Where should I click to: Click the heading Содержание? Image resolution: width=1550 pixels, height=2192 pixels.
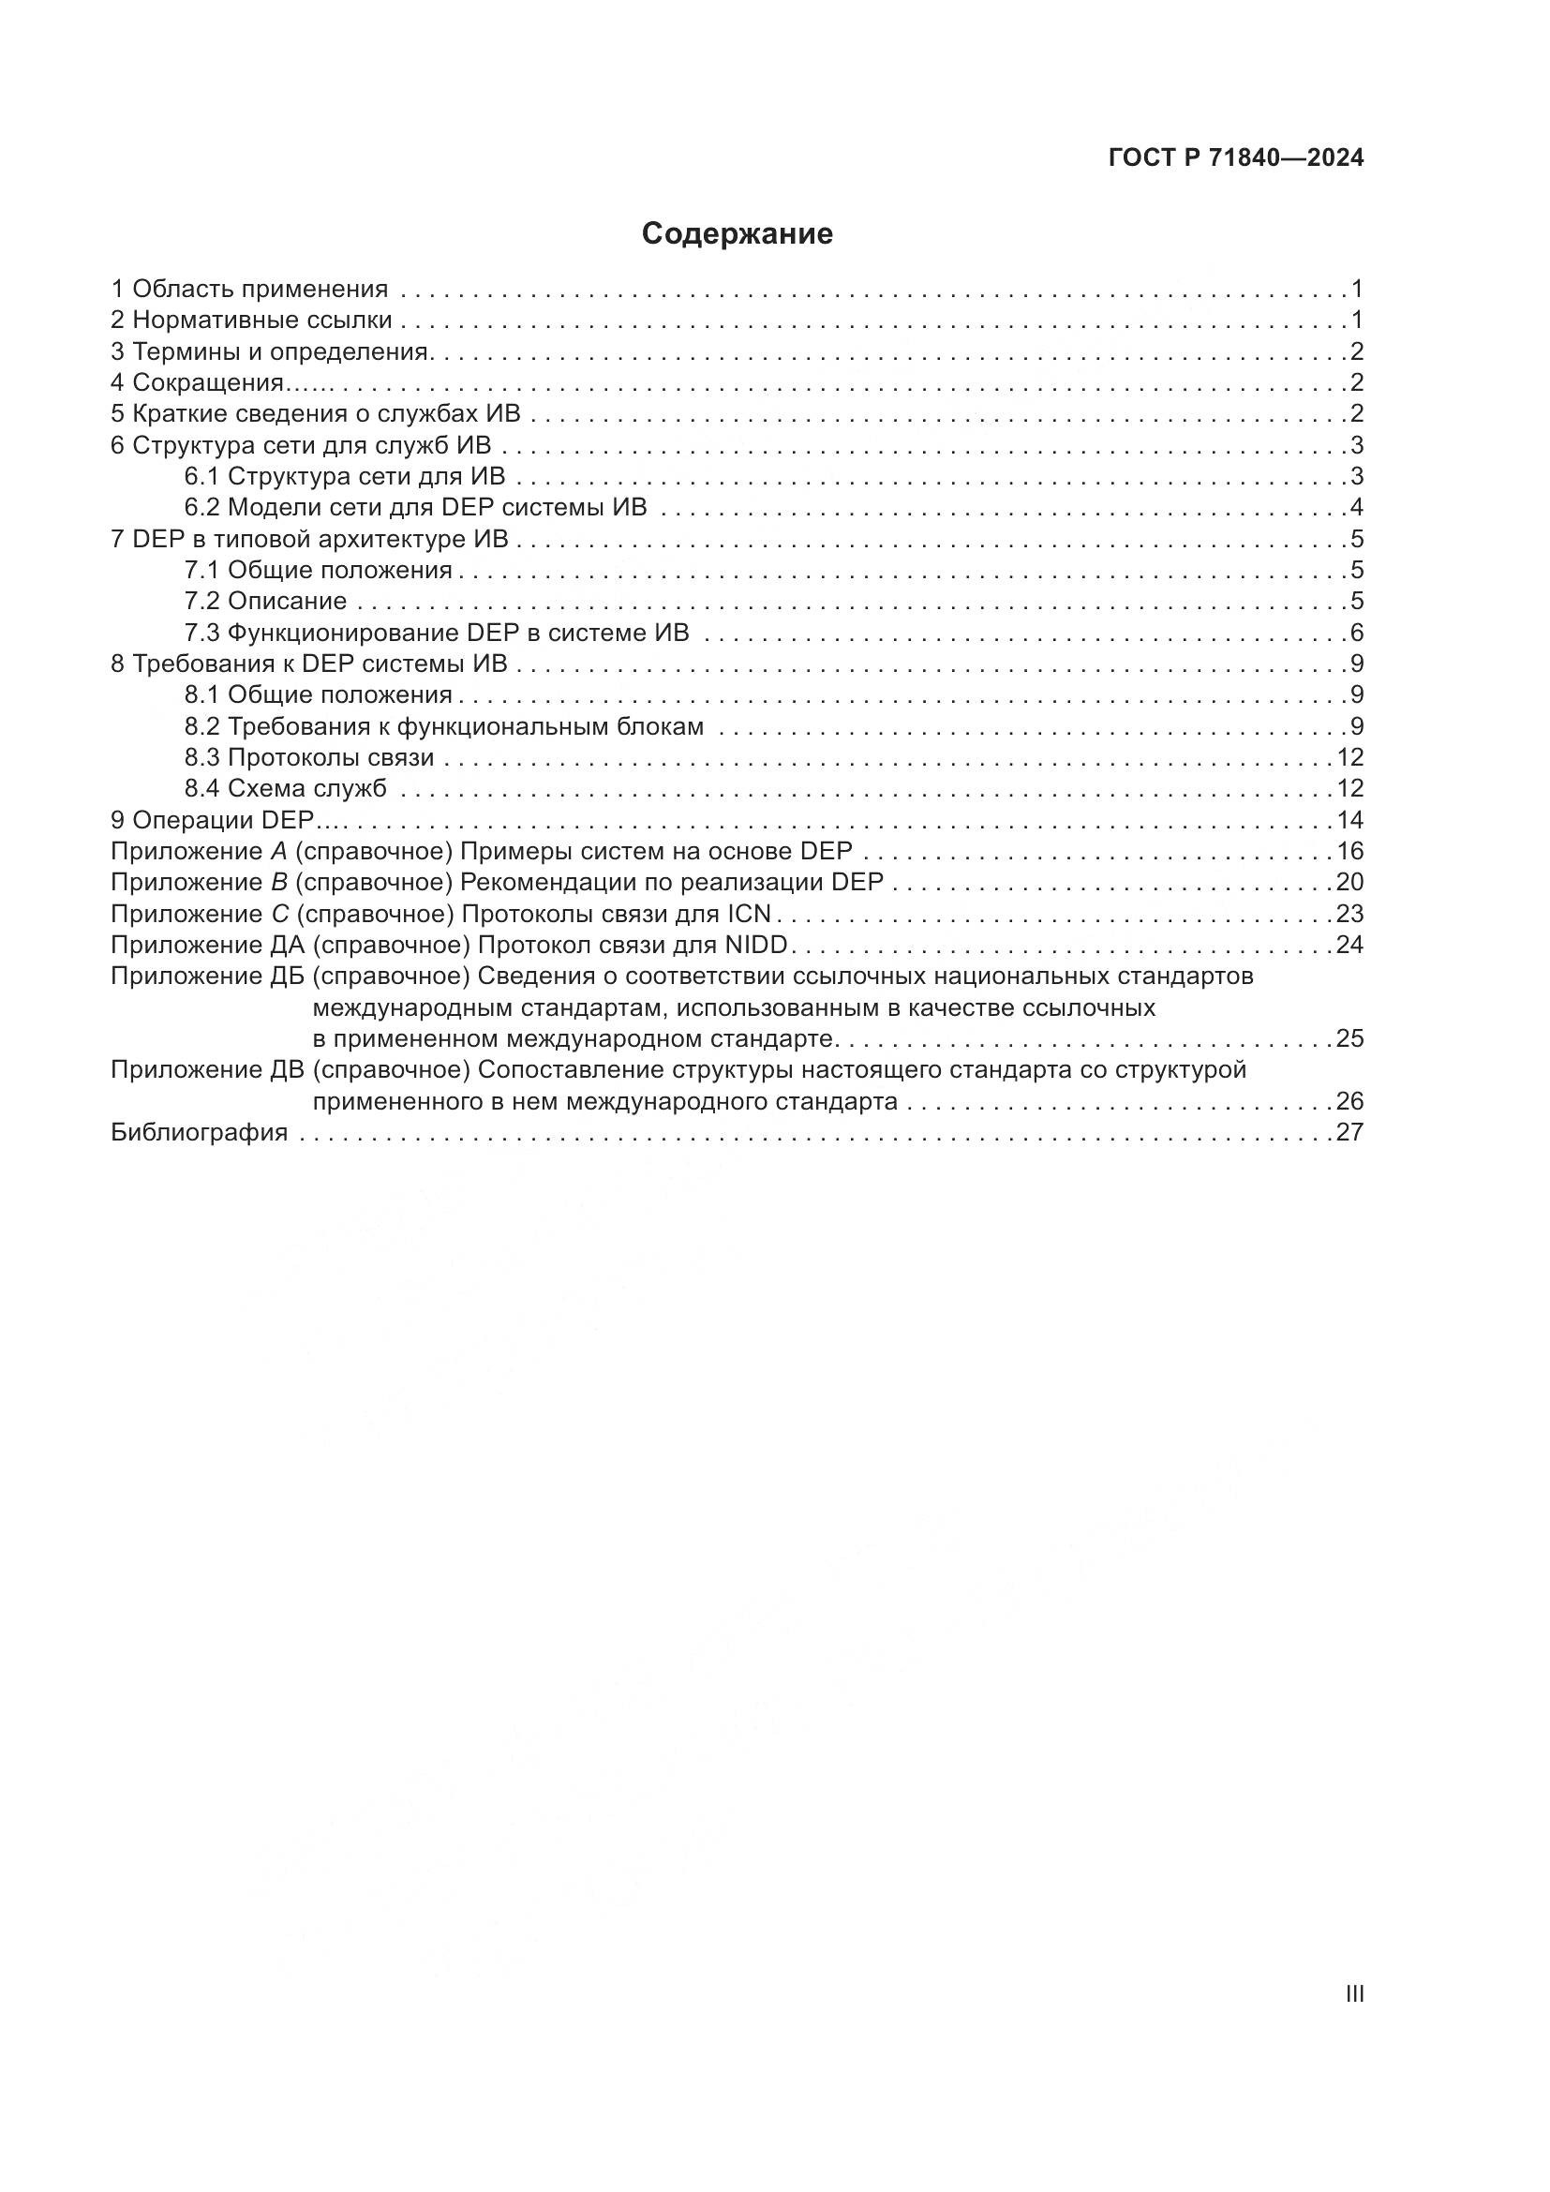[x=737, y=234]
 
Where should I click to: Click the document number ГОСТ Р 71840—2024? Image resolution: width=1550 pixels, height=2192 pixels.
[x=1236, y=158]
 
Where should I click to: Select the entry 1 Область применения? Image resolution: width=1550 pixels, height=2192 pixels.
[x=249, y=289]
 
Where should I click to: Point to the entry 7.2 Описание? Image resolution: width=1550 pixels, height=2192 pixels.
[x=265, y=602]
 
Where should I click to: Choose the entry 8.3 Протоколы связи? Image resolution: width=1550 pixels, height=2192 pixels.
[x=309, y=758]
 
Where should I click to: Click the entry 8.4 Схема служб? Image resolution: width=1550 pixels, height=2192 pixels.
[x=286, y=788]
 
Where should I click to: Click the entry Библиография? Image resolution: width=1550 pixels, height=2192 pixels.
[x=200, y=1132]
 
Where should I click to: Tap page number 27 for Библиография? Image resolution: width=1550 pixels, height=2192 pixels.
[x=1349, y=1132]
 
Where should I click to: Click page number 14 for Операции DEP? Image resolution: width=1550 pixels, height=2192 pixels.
[x=1349, y=820]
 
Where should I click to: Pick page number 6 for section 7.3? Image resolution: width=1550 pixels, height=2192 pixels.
[x=1356, y=633]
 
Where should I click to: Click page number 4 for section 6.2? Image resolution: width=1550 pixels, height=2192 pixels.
[x=1356, y=507]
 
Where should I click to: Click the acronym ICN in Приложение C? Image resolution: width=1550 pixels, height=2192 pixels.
[x=748, y=914]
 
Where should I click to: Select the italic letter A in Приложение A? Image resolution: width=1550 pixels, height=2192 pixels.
[x=265, y=852]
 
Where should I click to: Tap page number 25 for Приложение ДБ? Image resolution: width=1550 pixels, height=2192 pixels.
[x=1349, y=1038]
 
